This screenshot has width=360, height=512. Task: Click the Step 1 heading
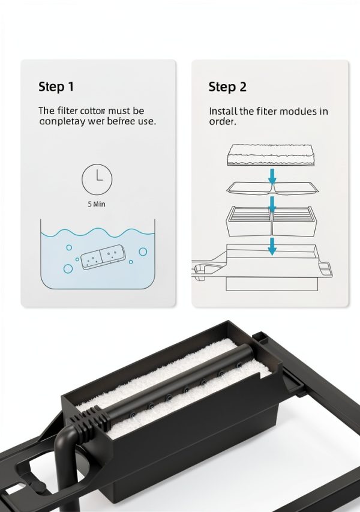(x=56, y=86)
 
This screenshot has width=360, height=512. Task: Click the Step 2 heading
(x=227, y=86)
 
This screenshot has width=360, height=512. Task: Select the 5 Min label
(x=97, y=204)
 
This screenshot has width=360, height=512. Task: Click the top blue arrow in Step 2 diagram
(x=271, y=176)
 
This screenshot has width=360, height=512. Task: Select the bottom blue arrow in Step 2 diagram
(x=272, y=246)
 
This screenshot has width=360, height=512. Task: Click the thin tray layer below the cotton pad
(x=271, y=188)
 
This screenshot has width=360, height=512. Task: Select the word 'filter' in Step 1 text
(x=67, y=111)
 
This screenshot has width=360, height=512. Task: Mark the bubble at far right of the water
(x=143, y=252)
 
